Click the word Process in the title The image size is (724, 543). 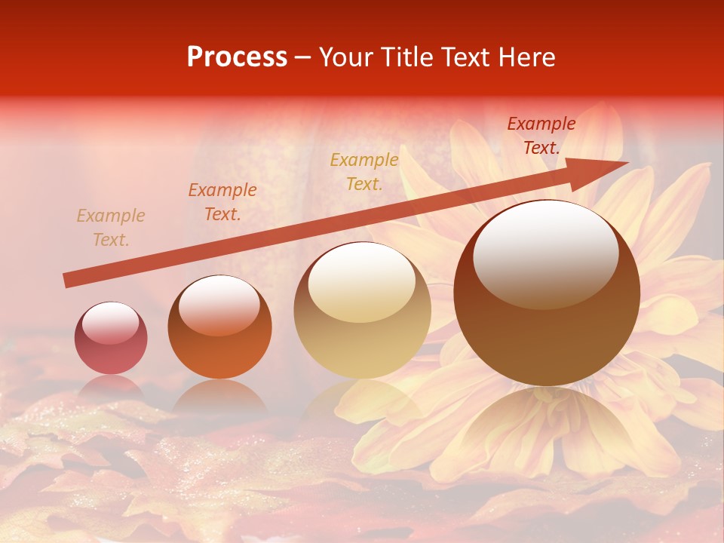click(x=237, y=57)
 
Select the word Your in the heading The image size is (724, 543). click(x=347, y=57)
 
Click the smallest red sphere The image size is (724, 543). click(x=111, y=338)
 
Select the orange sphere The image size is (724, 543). click(x=219, y=327)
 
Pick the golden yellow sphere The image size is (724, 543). click(x=362, y=310)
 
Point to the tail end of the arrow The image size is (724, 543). click(x=66, y=281)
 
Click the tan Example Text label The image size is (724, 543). click(x=111, y=228)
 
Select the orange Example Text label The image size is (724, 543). click(x=222, y=202)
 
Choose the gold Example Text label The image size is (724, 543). click(x=364, y=172)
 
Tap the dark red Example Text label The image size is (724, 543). click(x=541, y=136)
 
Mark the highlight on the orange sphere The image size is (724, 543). click(x=219, y=304)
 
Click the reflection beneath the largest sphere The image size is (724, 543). click(x=547, y=422)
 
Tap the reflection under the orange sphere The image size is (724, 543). click(x=219, y=396)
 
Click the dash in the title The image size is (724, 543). click(x=303, y=58)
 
